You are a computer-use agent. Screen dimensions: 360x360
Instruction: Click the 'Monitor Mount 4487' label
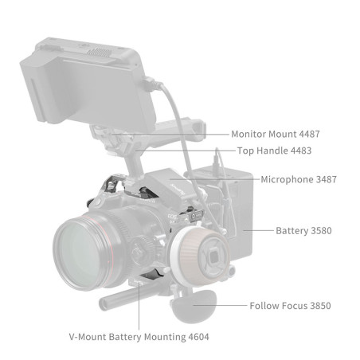(276, 134)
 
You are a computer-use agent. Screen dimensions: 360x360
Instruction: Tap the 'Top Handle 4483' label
(274, 151)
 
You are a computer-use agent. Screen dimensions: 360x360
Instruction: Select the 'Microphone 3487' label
(299, 179)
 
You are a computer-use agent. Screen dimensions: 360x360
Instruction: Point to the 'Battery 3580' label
(303, 231)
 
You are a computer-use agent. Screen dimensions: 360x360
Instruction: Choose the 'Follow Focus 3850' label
(290, 306)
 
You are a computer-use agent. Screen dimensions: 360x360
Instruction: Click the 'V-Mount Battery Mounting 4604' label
(139, 337)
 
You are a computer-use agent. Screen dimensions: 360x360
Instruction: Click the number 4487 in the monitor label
(309, 134)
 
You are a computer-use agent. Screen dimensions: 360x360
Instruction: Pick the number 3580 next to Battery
(321, 231)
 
